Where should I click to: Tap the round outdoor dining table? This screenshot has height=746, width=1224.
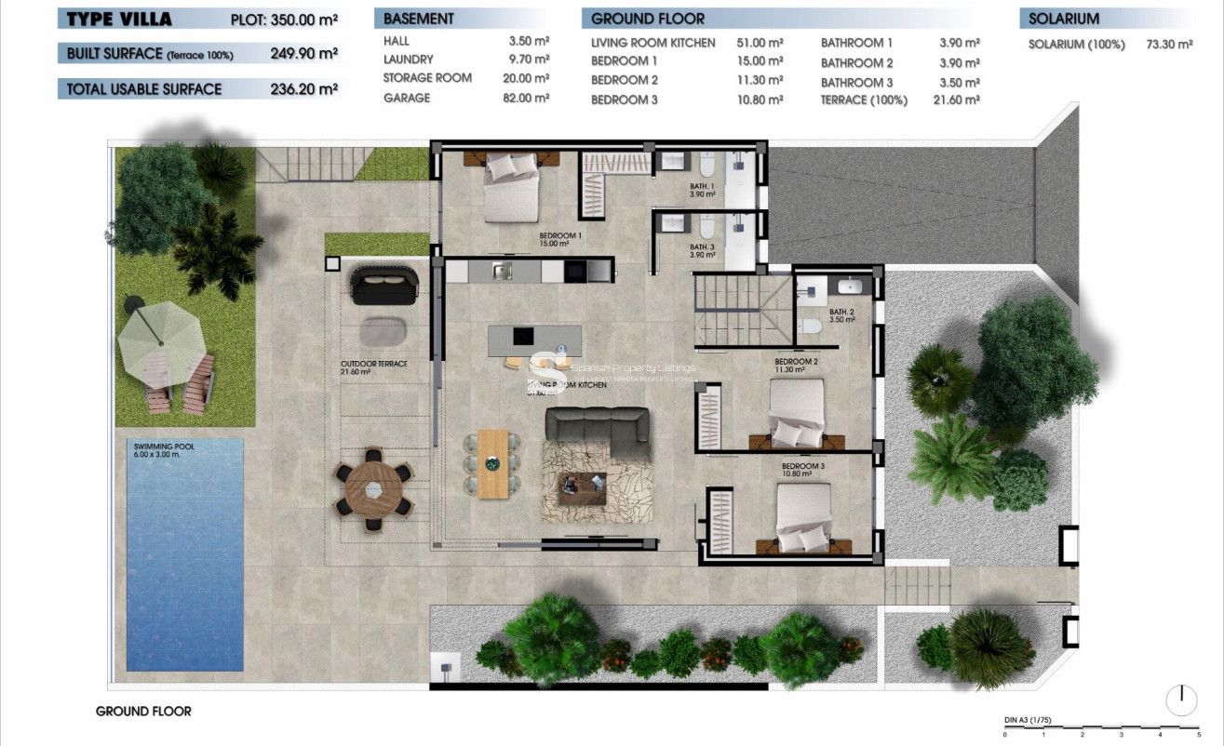(373, 489)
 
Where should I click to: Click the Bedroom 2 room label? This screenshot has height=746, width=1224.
(796, 362)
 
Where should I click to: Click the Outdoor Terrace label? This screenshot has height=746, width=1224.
(373, 364)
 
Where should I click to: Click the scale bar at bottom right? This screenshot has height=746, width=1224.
(1101, 728)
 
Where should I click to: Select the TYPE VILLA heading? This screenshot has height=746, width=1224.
(114, 18)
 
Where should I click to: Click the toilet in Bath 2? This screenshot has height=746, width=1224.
(810, 326)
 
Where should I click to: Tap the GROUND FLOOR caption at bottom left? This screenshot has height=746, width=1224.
(143, 712)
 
